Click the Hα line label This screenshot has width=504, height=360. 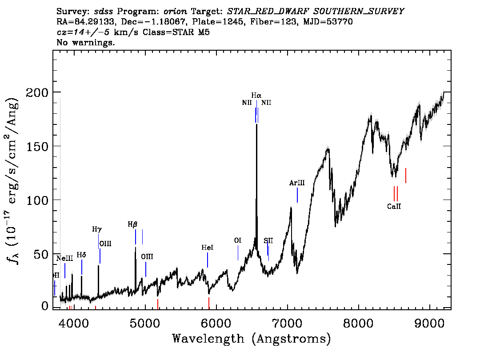click(x=256, y=95)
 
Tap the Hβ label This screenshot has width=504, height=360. click(x=132, y=224)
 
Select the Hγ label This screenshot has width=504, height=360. click(x=97, y=229)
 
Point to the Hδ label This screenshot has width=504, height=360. click(x=81, y=255)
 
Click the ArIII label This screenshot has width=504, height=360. click(x=297, y=183)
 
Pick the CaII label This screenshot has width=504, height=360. click(x=394, y=206)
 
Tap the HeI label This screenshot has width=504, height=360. click(x=207, y=248)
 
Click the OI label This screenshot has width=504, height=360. click(x=237, y=240)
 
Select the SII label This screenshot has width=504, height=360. click(x=268, y=240)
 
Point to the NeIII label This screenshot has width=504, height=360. click(x=64, y=258)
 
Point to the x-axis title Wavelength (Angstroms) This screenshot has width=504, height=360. click(x=252, y=339)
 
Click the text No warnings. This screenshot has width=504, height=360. click(x=86, y=43)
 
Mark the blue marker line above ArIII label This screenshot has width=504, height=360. click(x=297, y=195)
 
